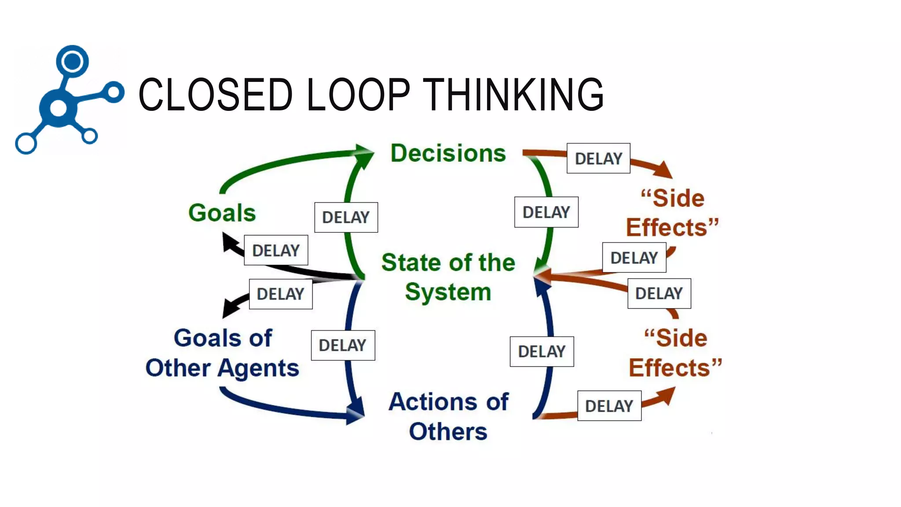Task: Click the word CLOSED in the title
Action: pyautogui.click(x=216, y=94)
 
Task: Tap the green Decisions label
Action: pyautogui.click(x=448, y=153)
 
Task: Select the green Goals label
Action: pyautogui.click(x=222, y=213)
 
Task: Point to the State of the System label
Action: pyautogui.click(x=448, y=277)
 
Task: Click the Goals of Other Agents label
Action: pyautogui.click(x=222, y=353)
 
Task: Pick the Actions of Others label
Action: pyautogui.click(x=448, y=416)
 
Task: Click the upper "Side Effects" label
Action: pyautogui.click(x=672, y=213)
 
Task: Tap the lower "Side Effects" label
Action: pyautogui.click(x=675, y=353)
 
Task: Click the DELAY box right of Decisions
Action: pyautogui.click(x=598, y=158)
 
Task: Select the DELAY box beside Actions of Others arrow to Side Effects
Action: pyautogui.click(x=609, y=406)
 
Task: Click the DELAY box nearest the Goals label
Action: pyautogui.click(x=276, y=250)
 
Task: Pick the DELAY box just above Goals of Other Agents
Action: pyautogui.click(x=281, y=294)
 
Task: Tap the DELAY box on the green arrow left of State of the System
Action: pyautogui.click(x=346, y=217)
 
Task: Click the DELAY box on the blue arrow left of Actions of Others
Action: pyautogui.click(x=343, y=345)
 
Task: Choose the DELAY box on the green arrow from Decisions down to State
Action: pyautogui.click(x=546, y=212)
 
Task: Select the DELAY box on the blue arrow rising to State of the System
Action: pyautogui.click(x=542, y=352)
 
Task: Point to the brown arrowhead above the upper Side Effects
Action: pyautogui.click(x=665, y=170)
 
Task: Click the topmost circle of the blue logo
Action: pyautogui.click(x=72, y=61)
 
